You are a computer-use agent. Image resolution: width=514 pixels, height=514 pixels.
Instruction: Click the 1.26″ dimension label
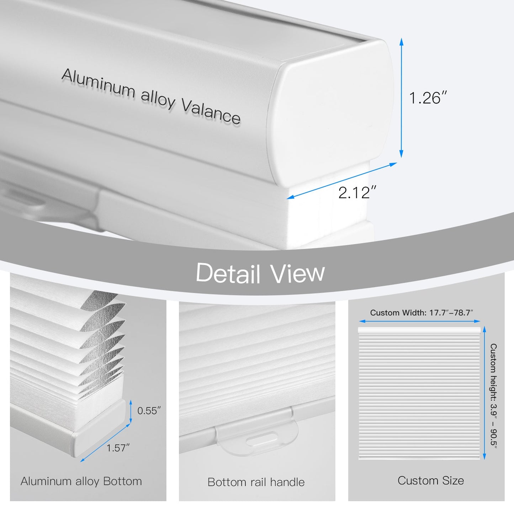tap(428, 97)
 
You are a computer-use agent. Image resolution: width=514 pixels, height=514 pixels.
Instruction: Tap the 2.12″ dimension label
tap(357, 192)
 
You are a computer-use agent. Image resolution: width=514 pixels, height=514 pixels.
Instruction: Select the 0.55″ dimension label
tap(149, 411)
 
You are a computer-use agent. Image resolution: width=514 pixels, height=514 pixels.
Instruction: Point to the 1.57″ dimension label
tap(118, 448)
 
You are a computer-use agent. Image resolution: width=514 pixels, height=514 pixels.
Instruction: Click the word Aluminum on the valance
tap(99, 83)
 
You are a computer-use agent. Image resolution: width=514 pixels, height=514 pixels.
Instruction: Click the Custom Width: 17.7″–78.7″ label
tap(422, 313)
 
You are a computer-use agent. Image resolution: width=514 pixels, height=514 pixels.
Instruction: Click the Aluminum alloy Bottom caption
tap(81, 482)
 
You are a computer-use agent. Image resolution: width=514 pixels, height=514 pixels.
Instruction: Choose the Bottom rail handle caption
tap(256, 482)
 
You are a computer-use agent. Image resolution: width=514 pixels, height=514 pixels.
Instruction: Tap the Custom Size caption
tap(431, 481)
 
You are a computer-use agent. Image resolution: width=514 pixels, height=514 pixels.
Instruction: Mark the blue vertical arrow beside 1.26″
tap(401, 97)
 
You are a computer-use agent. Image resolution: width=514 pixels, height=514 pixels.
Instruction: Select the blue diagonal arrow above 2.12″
tap(342, 181)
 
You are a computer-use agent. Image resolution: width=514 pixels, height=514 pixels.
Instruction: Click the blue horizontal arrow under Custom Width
tap(420, 322)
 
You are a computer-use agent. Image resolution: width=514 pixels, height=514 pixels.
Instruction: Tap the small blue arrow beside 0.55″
tap(131, 411)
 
